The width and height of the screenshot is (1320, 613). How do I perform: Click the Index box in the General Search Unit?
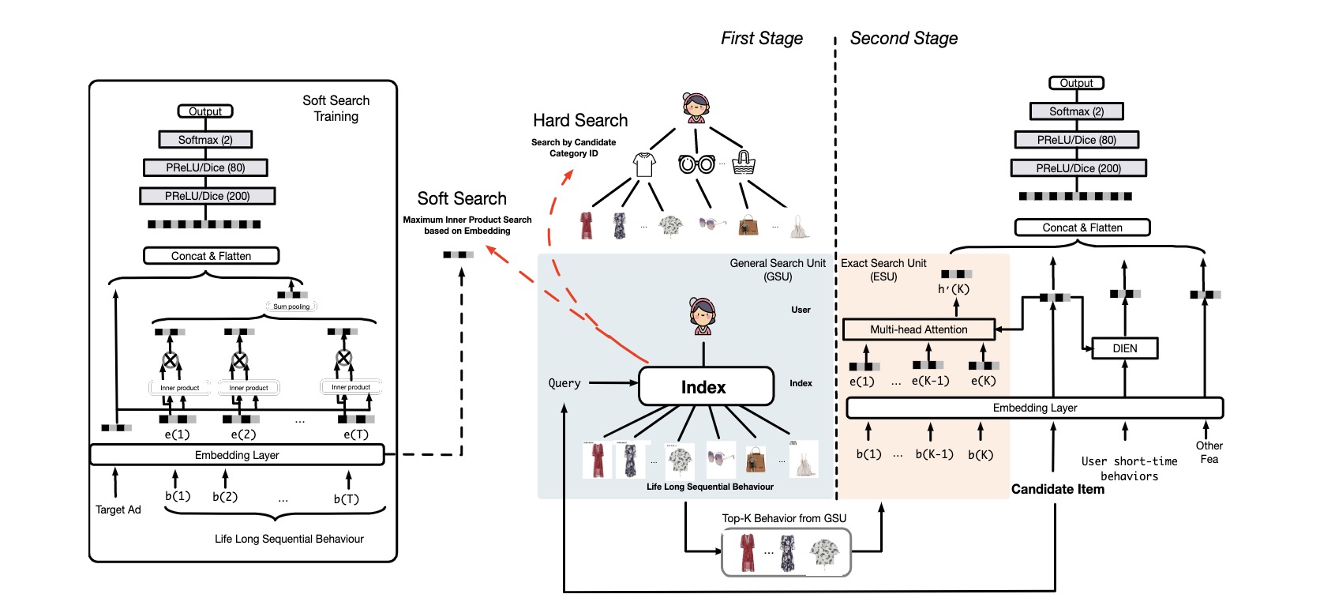point(705,386)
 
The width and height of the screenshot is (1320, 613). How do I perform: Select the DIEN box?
point(1124,348)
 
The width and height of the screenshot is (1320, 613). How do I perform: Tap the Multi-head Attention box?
point(918,329)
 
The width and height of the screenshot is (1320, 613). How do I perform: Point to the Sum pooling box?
point(291,306)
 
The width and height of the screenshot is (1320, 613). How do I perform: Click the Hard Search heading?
point(580,121)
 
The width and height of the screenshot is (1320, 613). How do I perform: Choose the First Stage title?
point(761,39)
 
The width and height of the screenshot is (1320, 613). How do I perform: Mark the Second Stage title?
point(903,39)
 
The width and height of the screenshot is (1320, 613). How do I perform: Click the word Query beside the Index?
point(564,383)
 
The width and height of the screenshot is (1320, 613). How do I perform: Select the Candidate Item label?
point(1057,489)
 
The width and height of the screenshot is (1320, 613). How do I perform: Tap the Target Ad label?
point(118,510)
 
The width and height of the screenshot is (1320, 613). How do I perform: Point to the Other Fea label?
point(1209,452)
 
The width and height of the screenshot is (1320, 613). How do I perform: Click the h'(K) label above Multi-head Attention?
point(953,289)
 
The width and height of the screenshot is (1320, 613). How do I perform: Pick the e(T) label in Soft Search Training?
point(356,434)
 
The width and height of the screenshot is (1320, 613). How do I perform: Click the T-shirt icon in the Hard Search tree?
point(644,164)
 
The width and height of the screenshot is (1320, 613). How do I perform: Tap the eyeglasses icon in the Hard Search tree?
point(696,164)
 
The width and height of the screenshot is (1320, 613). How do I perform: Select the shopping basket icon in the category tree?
point(743,163)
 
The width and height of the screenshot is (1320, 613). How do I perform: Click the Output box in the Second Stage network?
point(1076,83)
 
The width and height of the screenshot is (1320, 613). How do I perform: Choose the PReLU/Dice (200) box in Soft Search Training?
point(207,196)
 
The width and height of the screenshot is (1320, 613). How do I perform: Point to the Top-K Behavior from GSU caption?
point(784,518)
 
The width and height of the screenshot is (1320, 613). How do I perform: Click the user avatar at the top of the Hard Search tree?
point(696,107)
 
